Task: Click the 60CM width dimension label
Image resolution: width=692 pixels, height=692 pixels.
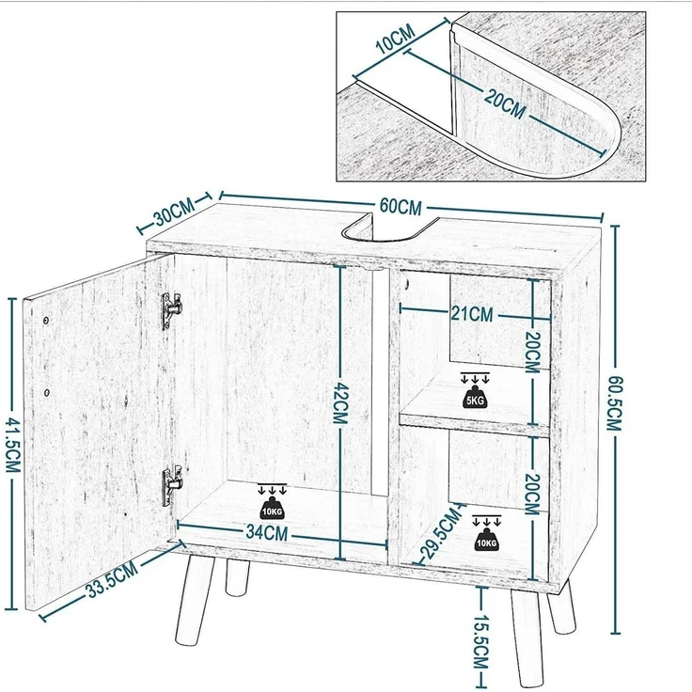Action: pyautogui.click(x=401, y=207)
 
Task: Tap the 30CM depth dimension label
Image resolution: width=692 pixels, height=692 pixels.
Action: pyautogui.click(x=173, y=213)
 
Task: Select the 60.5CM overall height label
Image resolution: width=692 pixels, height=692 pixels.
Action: pyautogui.click(x=614, y=403)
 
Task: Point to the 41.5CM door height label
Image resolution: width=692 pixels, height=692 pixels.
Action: pyautogui.click(x=13, y=446)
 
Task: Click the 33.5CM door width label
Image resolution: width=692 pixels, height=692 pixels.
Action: pyautogui.click(x=113, y=580)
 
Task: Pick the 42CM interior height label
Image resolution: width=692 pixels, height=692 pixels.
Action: pyautogui.click(x=340, y=403)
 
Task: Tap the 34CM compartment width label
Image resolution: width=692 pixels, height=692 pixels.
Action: pyautogui.click(x=267, y=533)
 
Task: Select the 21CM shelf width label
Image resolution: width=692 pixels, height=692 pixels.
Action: pyautogui.click(x=472, y=314)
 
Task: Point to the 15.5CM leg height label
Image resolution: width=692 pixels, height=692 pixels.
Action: pyautogui.click(x=480, y=641)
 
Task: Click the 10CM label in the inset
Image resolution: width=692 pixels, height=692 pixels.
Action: pyautogui.click(x=396, y=39)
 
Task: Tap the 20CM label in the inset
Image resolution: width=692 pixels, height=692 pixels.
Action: pyautogui.click(x=505, y=104)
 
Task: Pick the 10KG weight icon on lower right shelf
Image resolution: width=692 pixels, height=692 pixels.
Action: pyautogui.click(x=486, y=533)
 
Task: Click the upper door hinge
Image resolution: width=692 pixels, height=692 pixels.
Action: pyautogui.click(x=171, y=310)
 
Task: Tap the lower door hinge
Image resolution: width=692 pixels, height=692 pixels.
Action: pyautogui.click(x=172, y=485)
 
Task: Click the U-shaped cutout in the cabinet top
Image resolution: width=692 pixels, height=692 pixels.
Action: pyautogui.click(x=387, y=228)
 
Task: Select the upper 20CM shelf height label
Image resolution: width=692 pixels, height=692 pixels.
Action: pyautogui.click(x=533, y=353)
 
